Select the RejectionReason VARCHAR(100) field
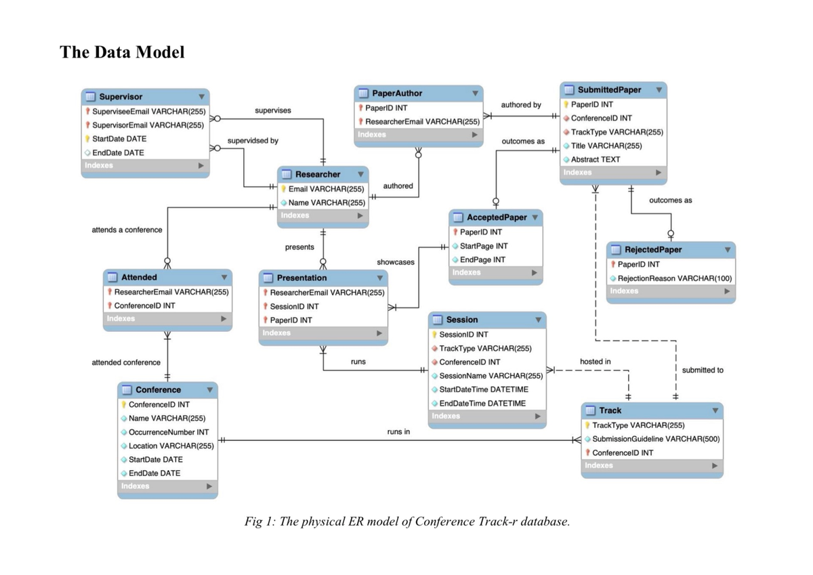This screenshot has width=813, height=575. point(674,278)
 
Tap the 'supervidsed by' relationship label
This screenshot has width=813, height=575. point(253,141)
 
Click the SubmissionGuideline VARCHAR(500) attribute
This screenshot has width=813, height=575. point(655,439)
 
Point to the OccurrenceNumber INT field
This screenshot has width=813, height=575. point(169,432)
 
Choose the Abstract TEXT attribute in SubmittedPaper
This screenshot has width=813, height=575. point(595,159)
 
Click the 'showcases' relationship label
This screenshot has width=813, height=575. point(396,261)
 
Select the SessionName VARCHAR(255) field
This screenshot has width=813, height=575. point(491,376)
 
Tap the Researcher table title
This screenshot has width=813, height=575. point(318,174)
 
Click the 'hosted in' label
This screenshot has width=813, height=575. point(595,362)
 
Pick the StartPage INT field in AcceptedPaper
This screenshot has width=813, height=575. point(483,246)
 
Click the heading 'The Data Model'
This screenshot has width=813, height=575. point(122,52)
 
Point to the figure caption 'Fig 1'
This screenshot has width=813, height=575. point(407,521)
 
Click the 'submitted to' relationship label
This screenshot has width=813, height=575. point(703,370)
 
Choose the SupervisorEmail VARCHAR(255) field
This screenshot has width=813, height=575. point(148,125)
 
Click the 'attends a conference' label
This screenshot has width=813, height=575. point(127,230)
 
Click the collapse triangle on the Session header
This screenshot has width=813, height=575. point(539,320)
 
